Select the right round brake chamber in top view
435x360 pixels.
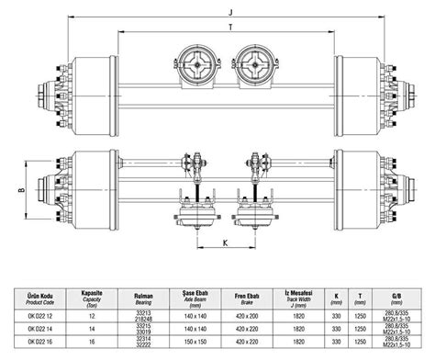coord(254,67)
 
